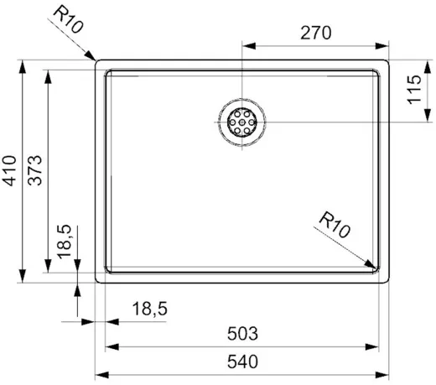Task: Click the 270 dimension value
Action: [x=316, y=33]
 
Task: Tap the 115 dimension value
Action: [x=414, y=90]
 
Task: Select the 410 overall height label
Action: [x=9, y=171]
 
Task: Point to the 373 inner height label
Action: [x=35, y=170]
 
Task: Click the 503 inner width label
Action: [x=242, y=334]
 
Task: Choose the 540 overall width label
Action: [x=242, y=362]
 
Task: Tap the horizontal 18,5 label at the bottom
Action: [x=150, y=309]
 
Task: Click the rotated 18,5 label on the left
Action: [x=65, y=242]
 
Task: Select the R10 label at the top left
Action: [x=68, y=19]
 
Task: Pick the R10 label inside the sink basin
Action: [x=335, y=225]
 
